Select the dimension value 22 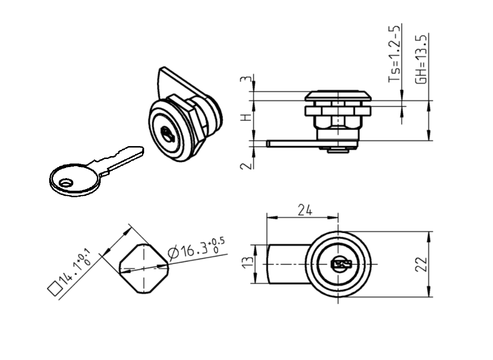[420, 264]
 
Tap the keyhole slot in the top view [340, 264]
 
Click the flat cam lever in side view [291, 143]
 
